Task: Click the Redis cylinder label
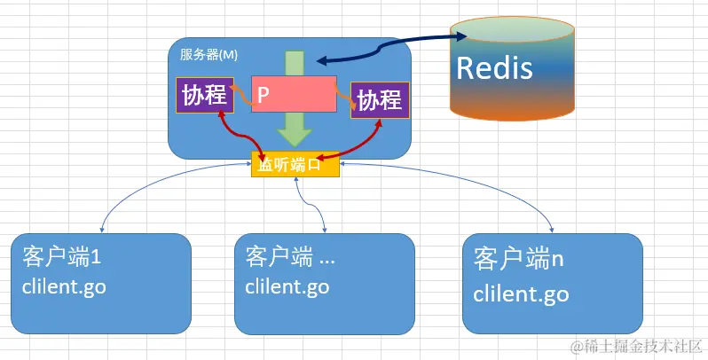point(494,67)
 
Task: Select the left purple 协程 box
point(205,96)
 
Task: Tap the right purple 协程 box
point(380,101)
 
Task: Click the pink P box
point(294,93)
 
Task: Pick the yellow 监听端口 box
point(295,165)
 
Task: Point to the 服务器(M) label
point(208,54)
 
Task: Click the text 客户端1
point(59,258)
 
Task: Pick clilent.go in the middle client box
point(287,286)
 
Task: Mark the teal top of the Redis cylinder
point(500,28)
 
